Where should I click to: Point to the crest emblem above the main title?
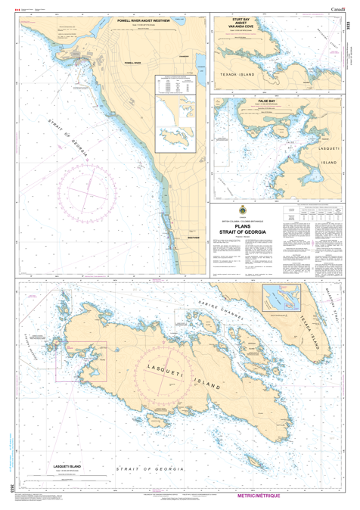[x=247, y=211]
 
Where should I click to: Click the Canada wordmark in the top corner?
[x=339, y=7]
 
